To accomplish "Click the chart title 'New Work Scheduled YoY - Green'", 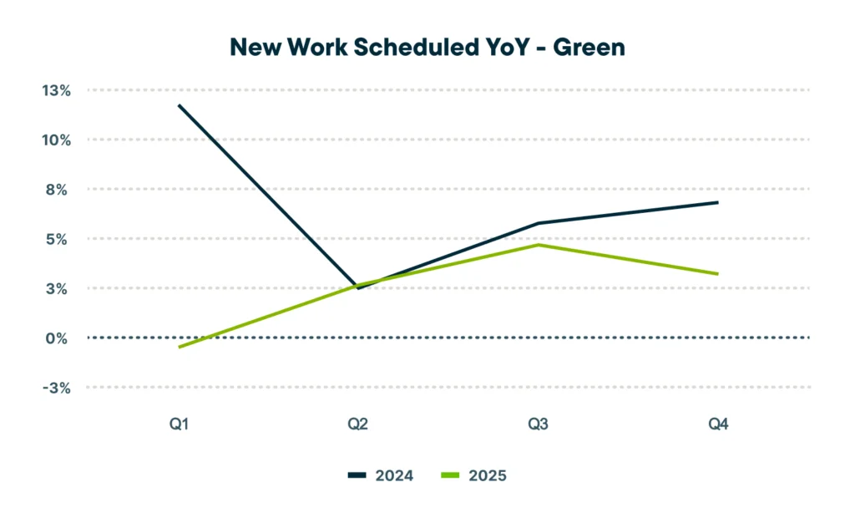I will click(x=427, y=48).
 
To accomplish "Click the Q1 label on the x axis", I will click(x=179, y=425).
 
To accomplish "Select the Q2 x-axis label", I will click(x=358, y=425).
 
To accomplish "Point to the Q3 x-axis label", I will click(x=539, y=425).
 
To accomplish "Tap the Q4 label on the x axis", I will click(x=718, y=425).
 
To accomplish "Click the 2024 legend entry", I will click(x=381, y=475).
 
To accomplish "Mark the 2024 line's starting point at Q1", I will click(x=179, y=105).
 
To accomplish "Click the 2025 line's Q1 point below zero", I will click(x=179, y=347).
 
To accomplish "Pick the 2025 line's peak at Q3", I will click(x=539, y=245).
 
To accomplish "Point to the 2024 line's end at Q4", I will click(x=718, y=202).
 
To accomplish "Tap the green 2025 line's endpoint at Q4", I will click(x=718, y=274).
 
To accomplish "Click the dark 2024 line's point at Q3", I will click(x=539, y=223).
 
